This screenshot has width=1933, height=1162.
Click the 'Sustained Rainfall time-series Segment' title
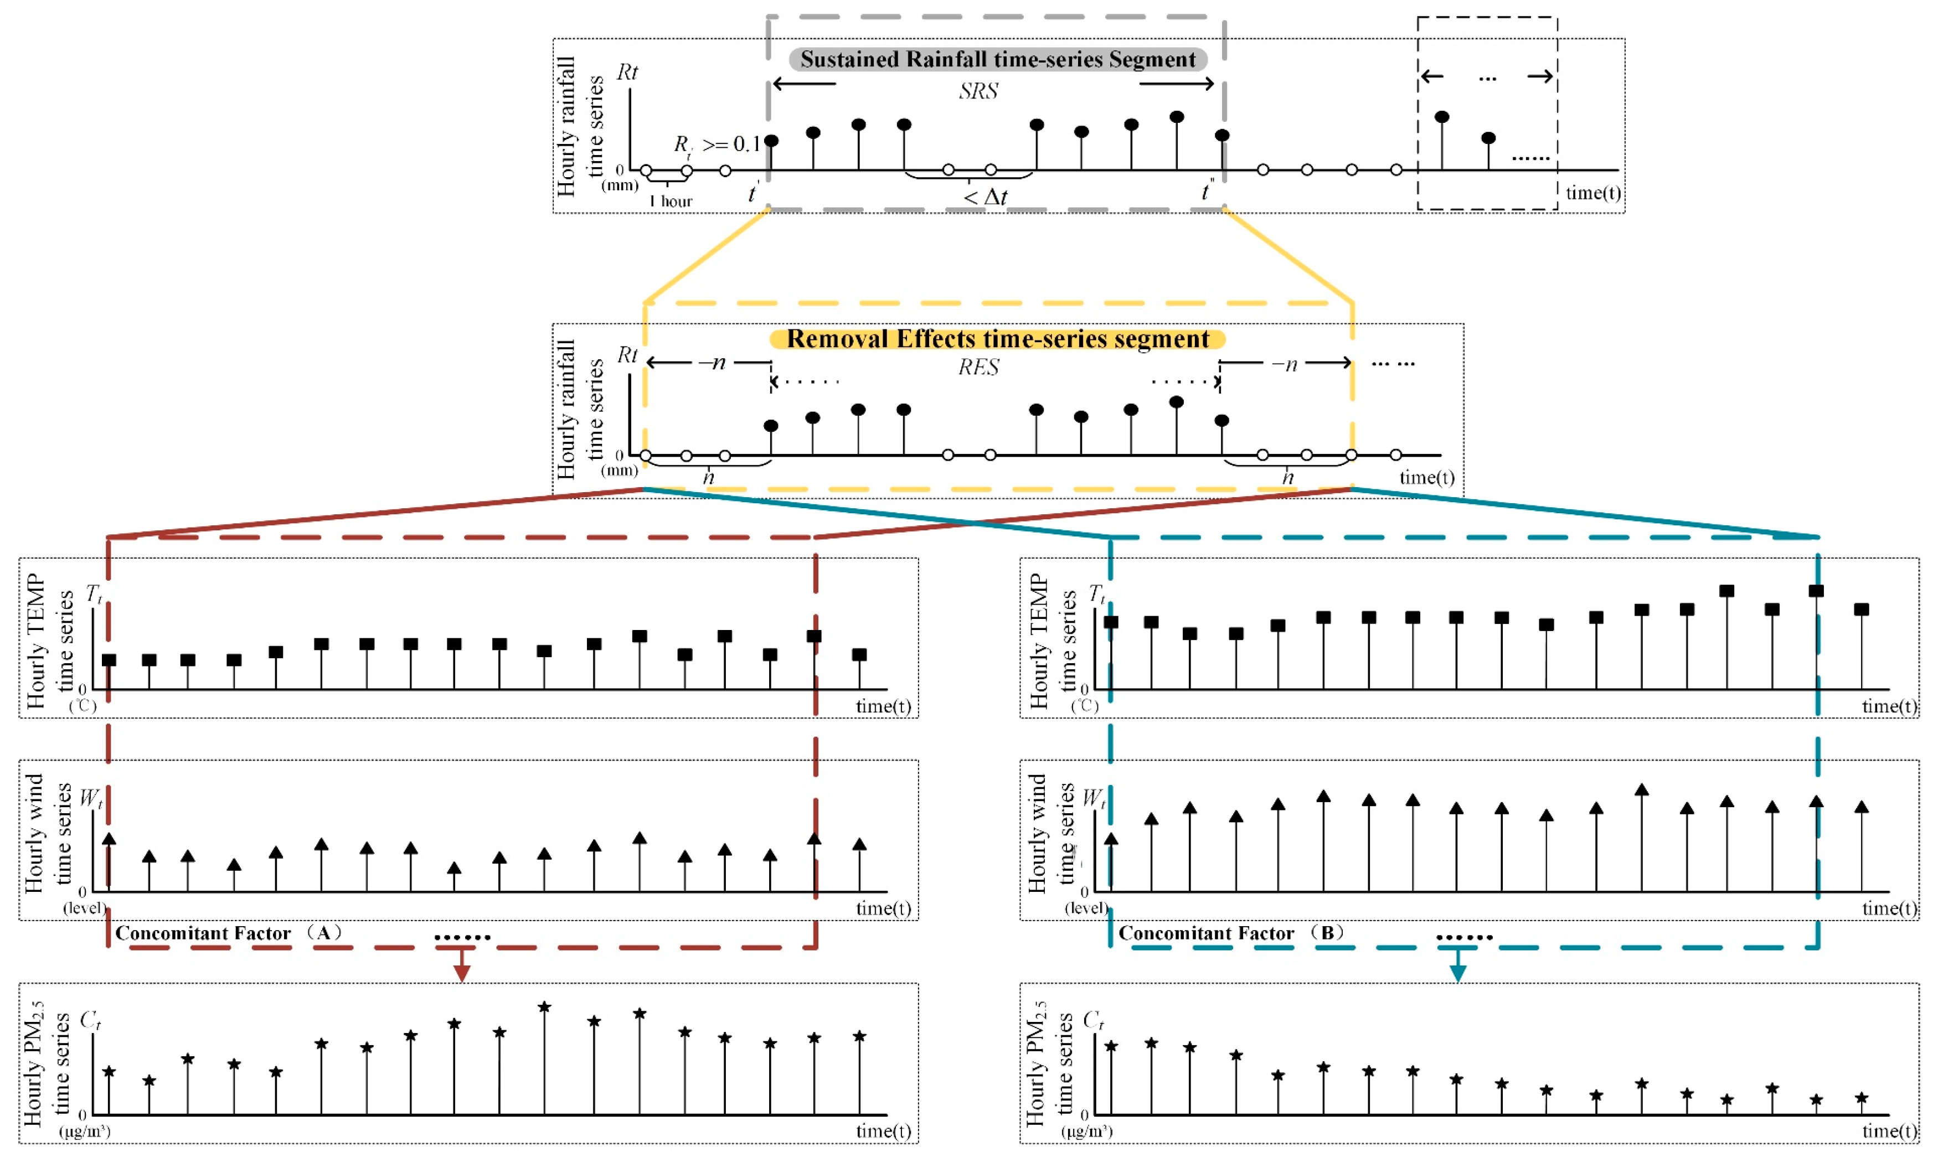997,59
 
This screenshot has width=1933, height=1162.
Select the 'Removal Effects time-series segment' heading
997,339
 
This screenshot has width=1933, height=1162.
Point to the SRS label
978,91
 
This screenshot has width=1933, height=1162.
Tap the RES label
978,367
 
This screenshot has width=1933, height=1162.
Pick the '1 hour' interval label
671,202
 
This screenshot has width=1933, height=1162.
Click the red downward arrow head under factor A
462,973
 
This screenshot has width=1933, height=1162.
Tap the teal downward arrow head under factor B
1457,973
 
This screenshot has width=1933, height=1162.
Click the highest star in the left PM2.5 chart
544,1007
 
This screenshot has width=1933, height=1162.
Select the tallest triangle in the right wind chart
1642,790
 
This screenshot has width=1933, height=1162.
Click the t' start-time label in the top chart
752,193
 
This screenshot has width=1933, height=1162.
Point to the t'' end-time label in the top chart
1207,190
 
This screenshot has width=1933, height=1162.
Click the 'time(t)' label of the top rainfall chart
1593,193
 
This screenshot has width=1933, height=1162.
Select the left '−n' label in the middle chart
712,363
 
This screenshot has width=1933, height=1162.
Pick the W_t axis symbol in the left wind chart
91,799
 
